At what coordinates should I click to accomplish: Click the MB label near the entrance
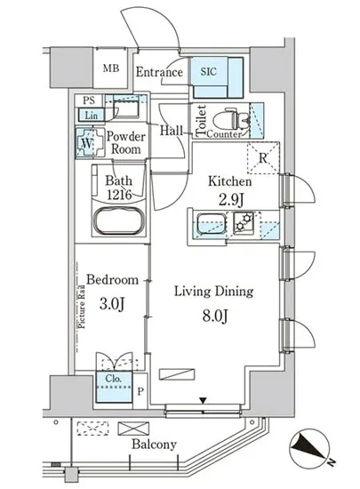tap(111, 68)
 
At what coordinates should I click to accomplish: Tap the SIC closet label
tap(208, 71)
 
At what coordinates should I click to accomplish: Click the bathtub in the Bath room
tap(119, 220)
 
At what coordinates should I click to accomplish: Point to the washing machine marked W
tap(90, 143)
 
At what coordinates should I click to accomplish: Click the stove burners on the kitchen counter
tap(244, 222)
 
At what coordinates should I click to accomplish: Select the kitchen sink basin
tap(211, 223)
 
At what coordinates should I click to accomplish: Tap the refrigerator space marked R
tap(263, 157)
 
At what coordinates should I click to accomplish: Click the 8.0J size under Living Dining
tap(215, 316)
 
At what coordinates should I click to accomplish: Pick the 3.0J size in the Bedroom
tap(112, 303)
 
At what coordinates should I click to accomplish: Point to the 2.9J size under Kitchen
tap(230, 200)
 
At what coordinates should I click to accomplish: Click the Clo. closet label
tap(113, 378)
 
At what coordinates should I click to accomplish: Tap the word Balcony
tap(154, 444)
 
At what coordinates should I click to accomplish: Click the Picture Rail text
tap(82, 307)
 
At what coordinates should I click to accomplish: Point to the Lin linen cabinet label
tap(91, 116)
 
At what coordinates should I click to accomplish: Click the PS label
tap(89, 100)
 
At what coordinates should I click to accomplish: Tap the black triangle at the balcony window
tap(203, 400)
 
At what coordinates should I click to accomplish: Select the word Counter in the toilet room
tap(224, 134)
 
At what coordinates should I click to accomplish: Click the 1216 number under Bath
tap(119, 195)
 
